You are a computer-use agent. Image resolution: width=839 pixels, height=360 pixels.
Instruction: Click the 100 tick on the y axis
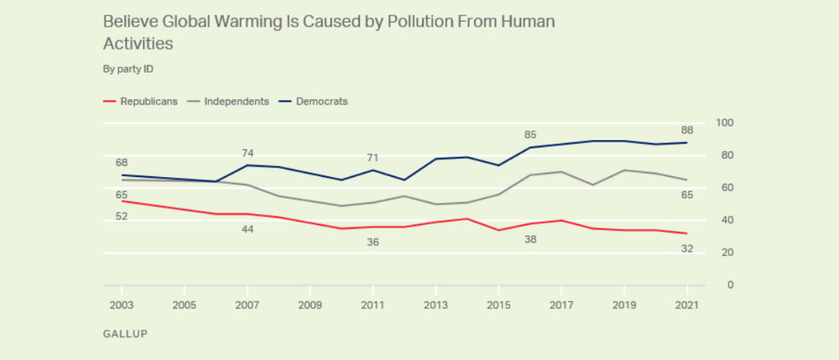(725, 123)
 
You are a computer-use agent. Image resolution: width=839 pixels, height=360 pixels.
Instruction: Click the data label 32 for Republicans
(686, 248)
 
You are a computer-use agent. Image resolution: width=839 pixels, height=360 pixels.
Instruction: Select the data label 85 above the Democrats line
(529, 134)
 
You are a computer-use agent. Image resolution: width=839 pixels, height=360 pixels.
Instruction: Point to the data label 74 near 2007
(248, 153)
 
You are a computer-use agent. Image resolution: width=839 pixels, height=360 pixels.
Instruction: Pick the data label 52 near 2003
(122, 217)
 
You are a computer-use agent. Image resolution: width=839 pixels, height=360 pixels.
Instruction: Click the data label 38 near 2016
(529, 239)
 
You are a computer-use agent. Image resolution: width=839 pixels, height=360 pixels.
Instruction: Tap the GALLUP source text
(125, 333)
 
